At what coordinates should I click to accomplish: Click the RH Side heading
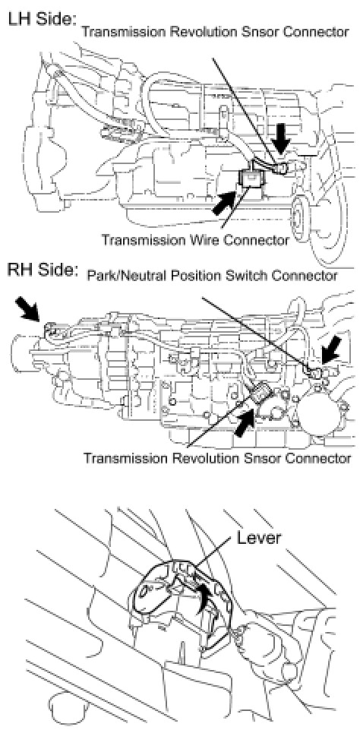pyautogui.click(x=42, y=270)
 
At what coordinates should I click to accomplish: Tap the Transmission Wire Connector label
pyautogui.click(x=195, y=239)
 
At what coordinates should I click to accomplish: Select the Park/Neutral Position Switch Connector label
pyautogui.click(x=213, y=276)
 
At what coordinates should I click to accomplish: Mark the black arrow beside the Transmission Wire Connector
pyautogui.click(x=223, y=202)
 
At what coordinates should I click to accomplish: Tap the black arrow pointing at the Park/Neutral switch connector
pyautogui.click(x=331, y=349)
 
